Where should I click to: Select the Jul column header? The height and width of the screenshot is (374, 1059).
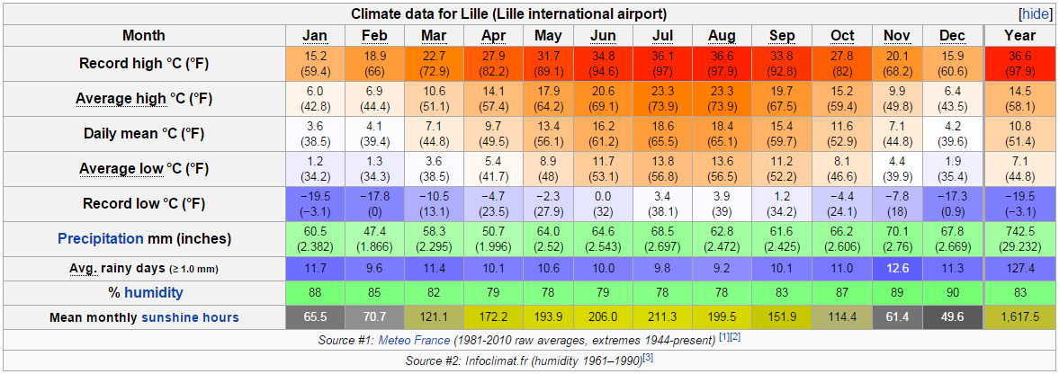(x=661, y=35)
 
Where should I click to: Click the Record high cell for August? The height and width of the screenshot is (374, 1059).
(x=722, y=65)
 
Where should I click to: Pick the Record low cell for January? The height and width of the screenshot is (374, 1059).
(x=315, y=203)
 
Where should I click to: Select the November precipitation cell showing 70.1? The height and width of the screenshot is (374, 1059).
(x=896, y=239)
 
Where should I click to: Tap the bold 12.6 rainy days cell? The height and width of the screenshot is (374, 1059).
(x=896, y=268)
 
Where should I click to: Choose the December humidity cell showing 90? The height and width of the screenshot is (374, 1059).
(x=952, y=292)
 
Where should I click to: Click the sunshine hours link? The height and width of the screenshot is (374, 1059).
(x=190, y=317)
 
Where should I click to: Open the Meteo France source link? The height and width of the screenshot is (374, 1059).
(x=416, y=341)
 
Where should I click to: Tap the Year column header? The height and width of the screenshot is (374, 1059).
(x=1019, y=35)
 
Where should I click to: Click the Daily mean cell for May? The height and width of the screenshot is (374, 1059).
(x=548, y=134)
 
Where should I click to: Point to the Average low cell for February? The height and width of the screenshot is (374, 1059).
(x=373, y=169)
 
